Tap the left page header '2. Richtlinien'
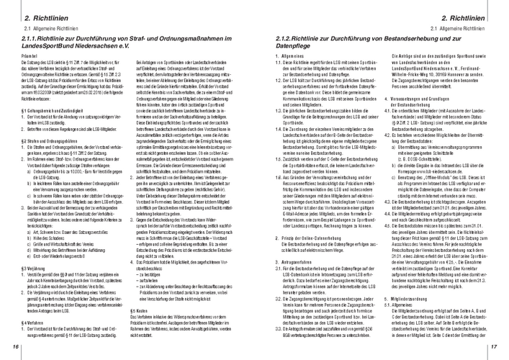(47, 15)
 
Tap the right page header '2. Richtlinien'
(461, 15)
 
